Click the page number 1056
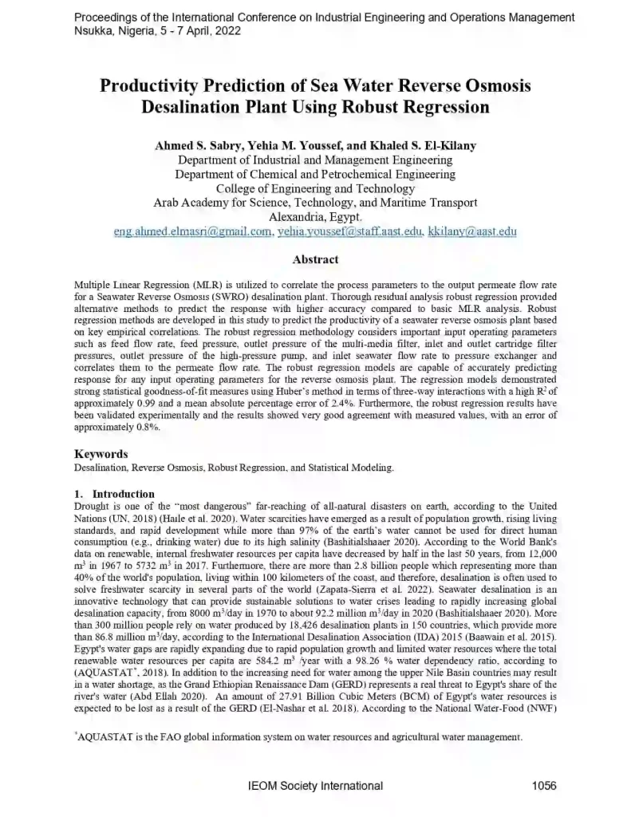(543, 786)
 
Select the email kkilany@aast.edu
(472, 232)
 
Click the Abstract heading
(315, 259)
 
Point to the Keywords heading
(101, 454)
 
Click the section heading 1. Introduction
(114, 494)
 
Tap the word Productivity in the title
(156, 86)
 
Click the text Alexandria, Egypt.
(315, 217)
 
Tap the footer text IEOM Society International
(316, 786)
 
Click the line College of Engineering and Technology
(315, 188)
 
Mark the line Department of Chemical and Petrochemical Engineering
(315, 174)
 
